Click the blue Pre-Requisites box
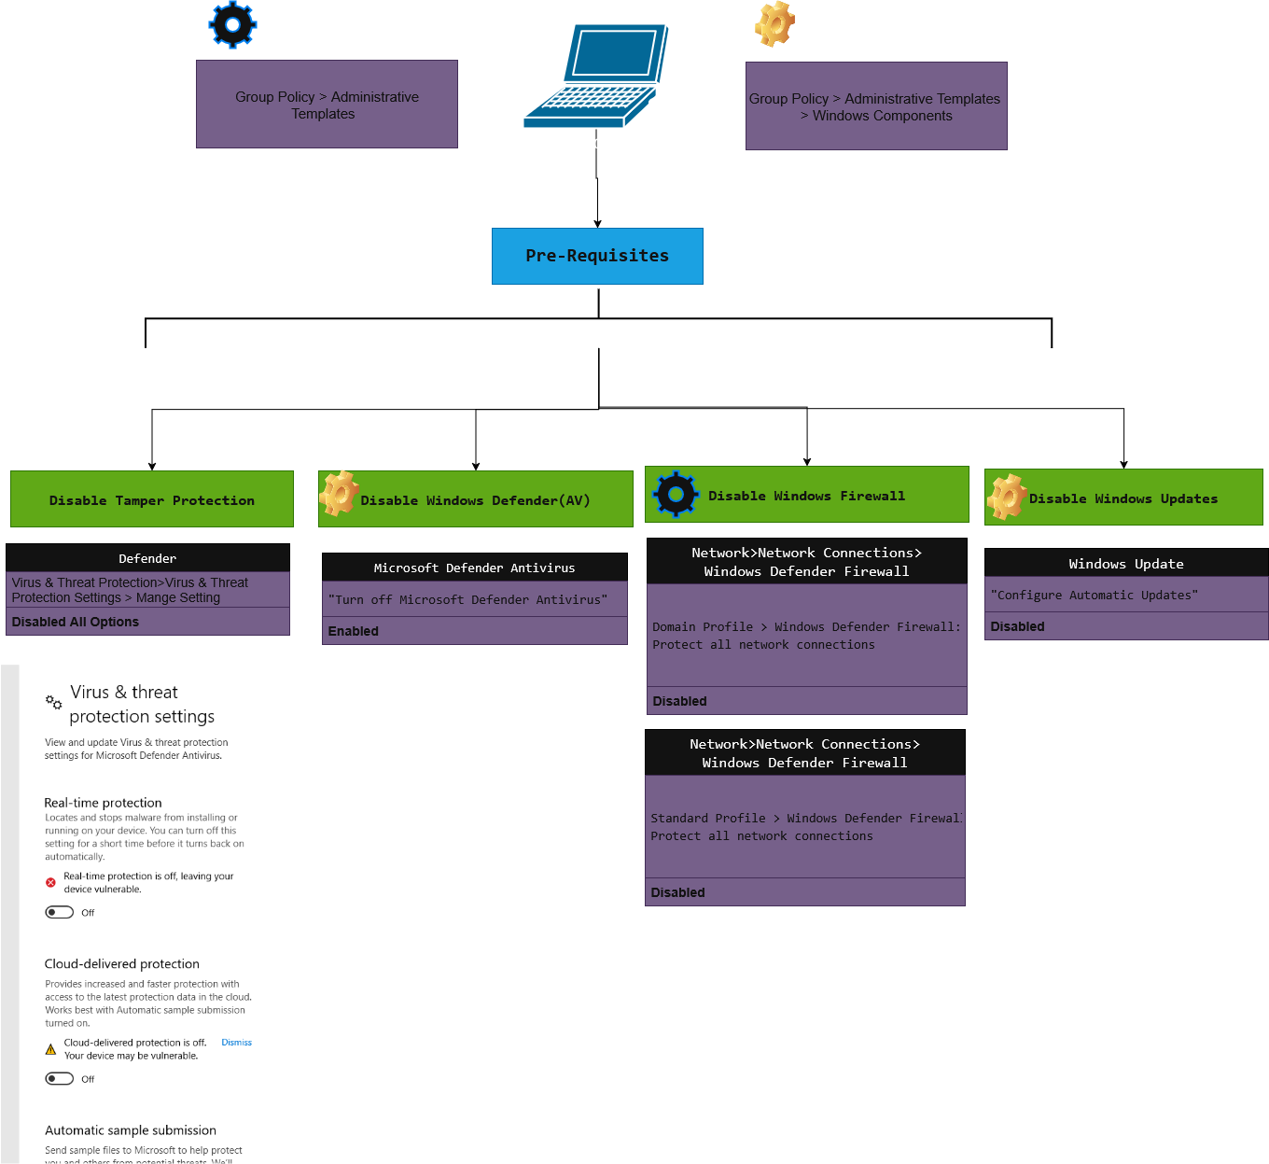[597, 256]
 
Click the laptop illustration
[597, 77]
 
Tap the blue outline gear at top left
[232, 24]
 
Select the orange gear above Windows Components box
[774, 23]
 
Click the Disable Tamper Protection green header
[151, 499]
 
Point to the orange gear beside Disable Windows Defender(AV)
[340, 494]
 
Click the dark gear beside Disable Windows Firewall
[676, 494]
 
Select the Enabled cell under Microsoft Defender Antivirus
[474, 631]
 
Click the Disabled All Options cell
[147, 622]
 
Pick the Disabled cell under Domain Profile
[806, 701]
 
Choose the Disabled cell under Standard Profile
[804, 892]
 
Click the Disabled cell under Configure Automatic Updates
[1125, 626]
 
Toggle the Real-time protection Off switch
[60, 912]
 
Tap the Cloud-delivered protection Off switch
[60, 1078]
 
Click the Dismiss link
[236, 1043]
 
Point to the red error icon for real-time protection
[50, 882]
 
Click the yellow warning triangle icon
[50, 1049]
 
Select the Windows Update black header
[1125, 564]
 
